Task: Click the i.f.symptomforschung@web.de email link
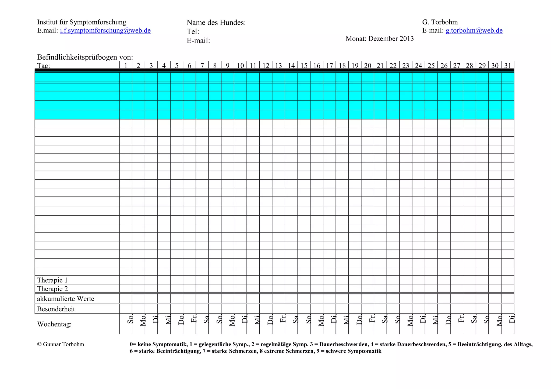coord(105,31)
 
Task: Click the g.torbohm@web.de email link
coord(474,31)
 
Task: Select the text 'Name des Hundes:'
coord(216,23)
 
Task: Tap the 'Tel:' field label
coord(193,32)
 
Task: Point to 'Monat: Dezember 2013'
coord(379,39)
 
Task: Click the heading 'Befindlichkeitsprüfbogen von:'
coord(85,57)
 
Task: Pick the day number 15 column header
coord(304,66)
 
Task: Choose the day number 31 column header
coord(507,66)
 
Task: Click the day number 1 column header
coord(126,66)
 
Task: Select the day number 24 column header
coord(418,66)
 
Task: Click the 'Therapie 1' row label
coord(52,280)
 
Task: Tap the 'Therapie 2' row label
coord(52,289)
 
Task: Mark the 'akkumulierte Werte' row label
coord(65,299)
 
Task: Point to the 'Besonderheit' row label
coord(56,309)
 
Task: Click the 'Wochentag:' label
coord(54,324)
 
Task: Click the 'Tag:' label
coord(44,66)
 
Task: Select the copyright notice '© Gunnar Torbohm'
coord(61,344)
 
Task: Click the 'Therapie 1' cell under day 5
coord(176,280)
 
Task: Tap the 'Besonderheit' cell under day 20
coord(368,309)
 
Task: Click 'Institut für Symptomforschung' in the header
coord(82,22)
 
